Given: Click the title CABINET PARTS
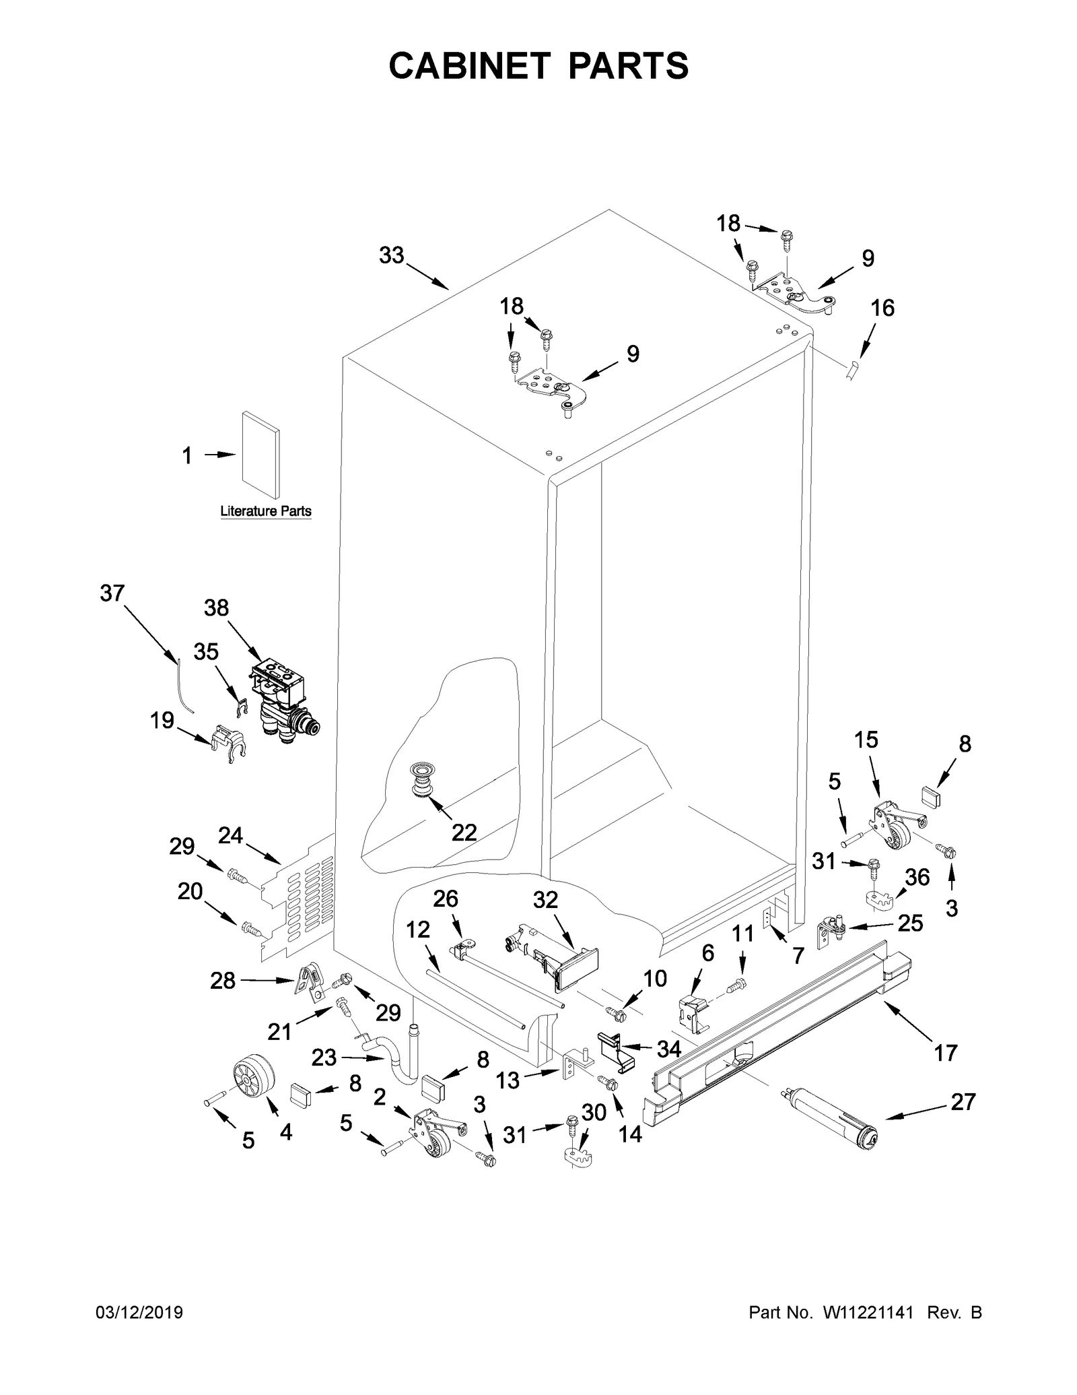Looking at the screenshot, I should point(538,66).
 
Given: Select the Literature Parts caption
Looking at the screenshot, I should point(266,511).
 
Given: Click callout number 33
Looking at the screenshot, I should point(391,255).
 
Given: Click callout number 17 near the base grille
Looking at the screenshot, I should point(945,1053).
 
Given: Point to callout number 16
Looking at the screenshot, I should point(882,309).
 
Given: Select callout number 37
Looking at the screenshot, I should point(112,593).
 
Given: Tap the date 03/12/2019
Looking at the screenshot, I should point(140,1332).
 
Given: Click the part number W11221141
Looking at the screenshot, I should point(867,1332).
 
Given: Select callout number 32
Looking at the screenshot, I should point(545,900).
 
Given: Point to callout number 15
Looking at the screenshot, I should point(866,740).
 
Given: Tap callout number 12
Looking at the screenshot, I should point(417,930).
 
